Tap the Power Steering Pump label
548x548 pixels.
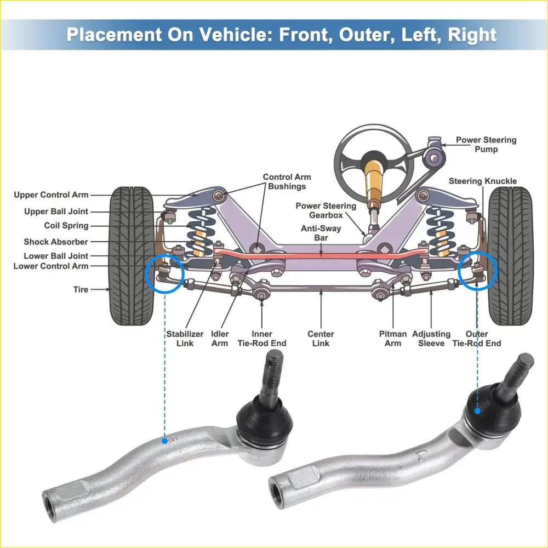tap(486, 145)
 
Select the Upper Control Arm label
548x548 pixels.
tap(51, 195)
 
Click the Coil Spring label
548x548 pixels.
tap(66, 226)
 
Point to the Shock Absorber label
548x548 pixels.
tap(55, 242)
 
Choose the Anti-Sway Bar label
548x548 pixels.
tap(321, 233)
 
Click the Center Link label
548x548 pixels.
tap(321, 338)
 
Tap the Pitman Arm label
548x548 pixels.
tap(393, 338)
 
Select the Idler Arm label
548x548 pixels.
tap(220, 338)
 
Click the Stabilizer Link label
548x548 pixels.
tap(185, 338)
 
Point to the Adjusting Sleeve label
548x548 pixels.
tap(431, 338)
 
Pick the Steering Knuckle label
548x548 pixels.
tap(482, 181)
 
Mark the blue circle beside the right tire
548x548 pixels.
tap(478, 270)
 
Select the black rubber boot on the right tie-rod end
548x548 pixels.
tap(492, 411)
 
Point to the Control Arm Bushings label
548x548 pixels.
tap(287, 181)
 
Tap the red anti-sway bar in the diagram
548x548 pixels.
tap(321, 255)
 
